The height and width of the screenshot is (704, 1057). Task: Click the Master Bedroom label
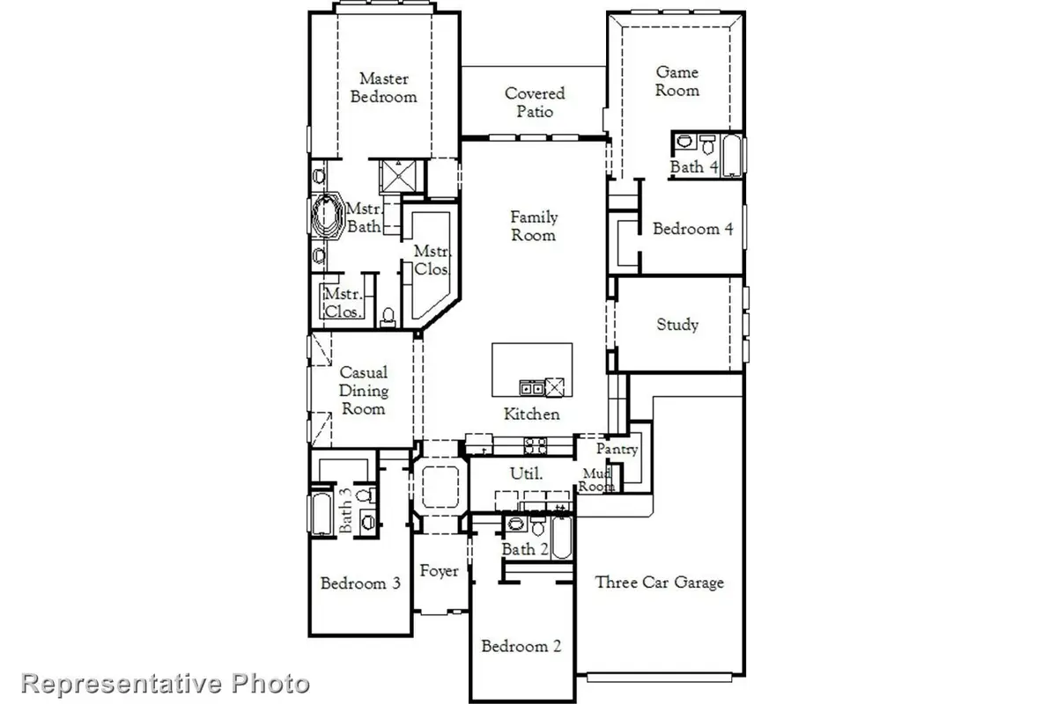click(383, 88)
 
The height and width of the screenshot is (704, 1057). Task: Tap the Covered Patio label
click(535, 102)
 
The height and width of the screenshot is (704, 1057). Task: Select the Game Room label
click(677, 81)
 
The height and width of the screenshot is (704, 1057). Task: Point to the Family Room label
click(534, 226)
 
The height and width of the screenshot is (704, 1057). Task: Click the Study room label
click(677, 325)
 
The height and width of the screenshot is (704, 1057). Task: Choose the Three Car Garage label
click(659, 582)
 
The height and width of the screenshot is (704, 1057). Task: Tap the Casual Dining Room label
click(364, 391)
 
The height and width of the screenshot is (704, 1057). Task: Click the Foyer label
click(439, 571)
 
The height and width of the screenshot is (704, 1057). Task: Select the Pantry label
click(617, 449)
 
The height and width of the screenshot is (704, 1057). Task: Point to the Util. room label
click(527, 473)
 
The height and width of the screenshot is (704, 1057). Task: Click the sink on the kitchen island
click(531, 386)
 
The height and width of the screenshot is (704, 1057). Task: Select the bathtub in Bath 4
click(732, 154)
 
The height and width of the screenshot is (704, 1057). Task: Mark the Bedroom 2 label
click(521, 647)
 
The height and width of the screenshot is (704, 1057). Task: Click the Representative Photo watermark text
click(166, 683)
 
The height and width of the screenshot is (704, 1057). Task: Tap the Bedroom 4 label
click(692, 229)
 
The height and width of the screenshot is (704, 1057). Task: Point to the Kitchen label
click(532, 414)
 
